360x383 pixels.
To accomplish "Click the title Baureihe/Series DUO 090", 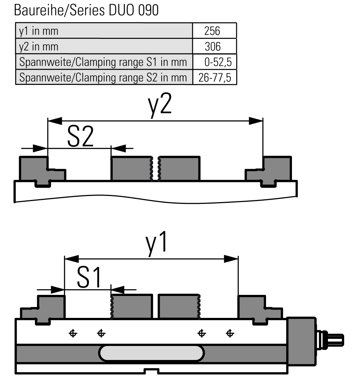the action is tap(86, 10).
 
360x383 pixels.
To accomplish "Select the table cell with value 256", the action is tap(215, 31).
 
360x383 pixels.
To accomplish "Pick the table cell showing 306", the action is tap(215, 46).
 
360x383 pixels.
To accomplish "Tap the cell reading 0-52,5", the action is tap(215, 62).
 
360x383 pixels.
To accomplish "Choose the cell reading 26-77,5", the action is tap(215, 77).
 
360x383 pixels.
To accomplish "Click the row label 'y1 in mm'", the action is tap(39, 31).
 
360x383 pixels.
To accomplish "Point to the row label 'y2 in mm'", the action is tap(39, 47).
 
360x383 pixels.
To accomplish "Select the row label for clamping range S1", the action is tap(103, 62).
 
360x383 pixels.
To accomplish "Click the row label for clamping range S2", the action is tap(103, 78).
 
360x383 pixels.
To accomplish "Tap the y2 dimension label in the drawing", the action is tap(160, 105).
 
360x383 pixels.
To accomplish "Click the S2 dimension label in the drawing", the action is tap(80, 136).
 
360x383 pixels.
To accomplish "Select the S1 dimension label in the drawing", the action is tap(89, 277).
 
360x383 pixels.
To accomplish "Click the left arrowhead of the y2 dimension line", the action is tap(55, 121).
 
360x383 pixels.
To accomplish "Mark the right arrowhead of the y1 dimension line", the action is tap(231, 259).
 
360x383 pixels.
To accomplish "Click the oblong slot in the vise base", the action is tap(152, 353).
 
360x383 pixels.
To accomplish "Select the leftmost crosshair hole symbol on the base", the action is tap(73, 333).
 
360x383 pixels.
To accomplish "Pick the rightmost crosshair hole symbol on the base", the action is tap(230, 333).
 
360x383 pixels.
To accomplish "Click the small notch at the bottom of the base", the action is tap(152, 371).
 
